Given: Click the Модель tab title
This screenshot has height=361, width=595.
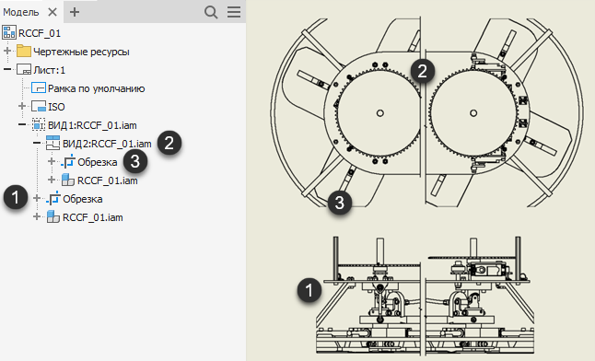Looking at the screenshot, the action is click(x=21, y=12).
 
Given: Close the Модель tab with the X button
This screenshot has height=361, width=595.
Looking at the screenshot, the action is click(x=52, y=12).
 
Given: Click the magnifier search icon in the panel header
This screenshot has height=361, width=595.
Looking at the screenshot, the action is click(x=211, y=12).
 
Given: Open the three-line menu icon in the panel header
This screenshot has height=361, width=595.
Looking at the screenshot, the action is click(x=234, y=12).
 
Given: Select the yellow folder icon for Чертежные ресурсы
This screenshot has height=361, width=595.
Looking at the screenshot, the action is click(x=24, y=51).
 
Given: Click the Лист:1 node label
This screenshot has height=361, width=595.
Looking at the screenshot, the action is click(x=50, y=70).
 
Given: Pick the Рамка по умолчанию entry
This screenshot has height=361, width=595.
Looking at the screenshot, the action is click(x=97, y=88).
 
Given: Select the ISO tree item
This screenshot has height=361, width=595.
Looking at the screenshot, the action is click(x=56, y=107).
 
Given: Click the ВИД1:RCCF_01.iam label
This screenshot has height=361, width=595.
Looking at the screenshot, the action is click(x=92, y=125).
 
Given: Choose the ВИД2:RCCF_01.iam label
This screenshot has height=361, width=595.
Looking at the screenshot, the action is click(x=107, y=144).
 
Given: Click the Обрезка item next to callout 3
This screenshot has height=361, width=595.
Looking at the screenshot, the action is click(x=97, y=162).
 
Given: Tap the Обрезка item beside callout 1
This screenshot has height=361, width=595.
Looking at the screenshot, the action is click(x=82, y=199).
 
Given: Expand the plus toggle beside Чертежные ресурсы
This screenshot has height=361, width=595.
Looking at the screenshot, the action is click(x=7, y=51).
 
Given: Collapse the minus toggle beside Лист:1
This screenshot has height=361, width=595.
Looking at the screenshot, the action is click(x=7, y=69).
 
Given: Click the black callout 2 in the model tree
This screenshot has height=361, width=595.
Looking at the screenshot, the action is click(x=169, y=143).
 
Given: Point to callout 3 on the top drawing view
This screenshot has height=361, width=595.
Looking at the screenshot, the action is click(x=339, y=203).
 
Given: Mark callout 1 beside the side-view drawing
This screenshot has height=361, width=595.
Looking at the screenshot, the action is click(x=309, y=290).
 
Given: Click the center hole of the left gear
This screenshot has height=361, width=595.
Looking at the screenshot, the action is click(x=379, y=112).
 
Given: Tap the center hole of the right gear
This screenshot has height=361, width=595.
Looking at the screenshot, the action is click(x=473, y=112).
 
